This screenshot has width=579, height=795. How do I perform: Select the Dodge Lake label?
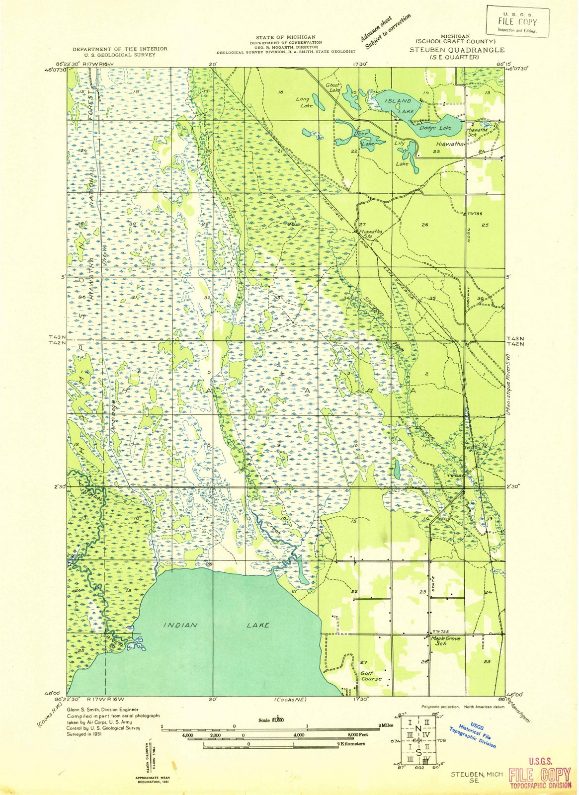435,128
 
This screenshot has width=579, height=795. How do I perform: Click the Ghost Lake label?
333,87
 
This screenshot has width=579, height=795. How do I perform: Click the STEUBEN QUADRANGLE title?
457,50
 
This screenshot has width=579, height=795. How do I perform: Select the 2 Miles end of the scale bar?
387,725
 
